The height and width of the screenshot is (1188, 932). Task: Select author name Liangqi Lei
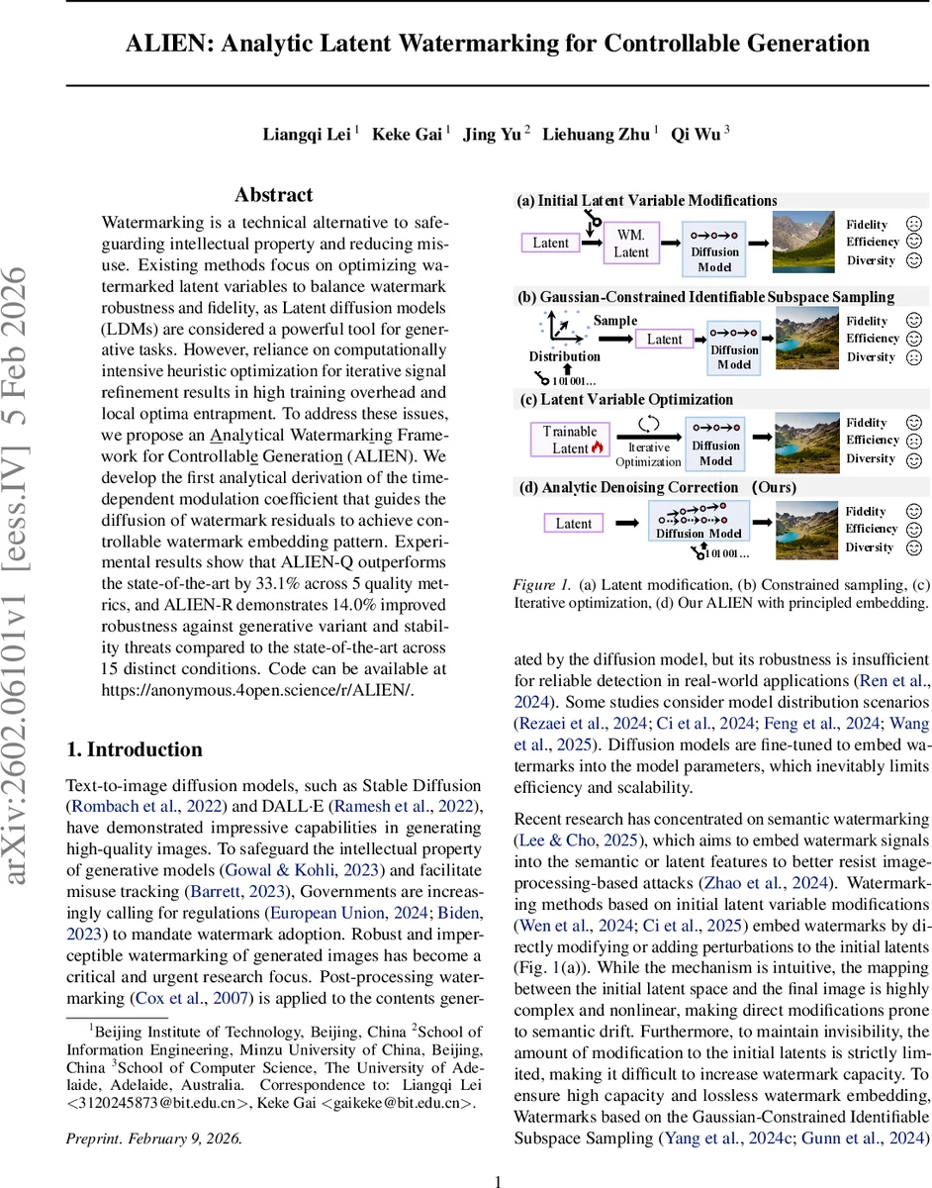[x=306, y=135]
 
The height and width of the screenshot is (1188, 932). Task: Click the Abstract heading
[x=273, y=195]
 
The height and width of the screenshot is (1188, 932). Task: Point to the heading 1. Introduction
[x=134, y=748]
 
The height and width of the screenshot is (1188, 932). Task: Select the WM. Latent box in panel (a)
[x=631, y=244]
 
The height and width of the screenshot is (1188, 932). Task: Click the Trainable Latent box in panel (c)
[x=570, y=440]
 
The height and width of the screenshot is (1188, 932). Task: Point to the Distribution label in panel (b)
[x=564, y=356]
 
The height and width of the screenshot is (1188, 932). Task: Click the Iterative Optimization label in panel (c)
[x=648, y=454]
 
